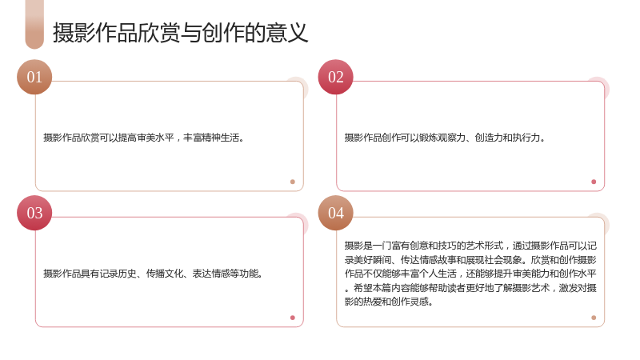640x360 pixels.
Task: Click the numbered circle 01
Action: (34, 77)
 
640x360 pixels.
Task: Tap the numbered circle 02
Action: (335, 77)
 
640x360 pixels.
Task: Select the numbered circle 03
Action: (34, 213)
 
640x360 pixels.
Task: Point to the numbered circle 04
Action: (335, 213)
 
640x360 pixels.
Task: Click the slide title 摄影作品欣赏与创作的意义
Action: (180, 33)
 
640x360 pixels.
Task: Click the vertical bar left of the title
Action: (34, 25)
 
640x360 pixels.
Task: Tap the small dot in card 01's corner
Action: (293, 182)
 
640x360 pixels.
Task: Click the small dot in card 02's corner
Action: (594, 182)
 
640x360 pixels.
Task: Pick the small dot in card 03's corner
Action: (293, 318)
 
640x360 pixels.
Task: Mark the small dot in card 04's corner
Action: (594, 318)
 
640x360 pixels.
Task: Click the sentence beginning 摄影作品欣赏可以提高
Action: (144, 138)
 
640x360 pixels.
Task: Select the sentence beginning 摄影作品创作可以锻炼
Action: (445, 138)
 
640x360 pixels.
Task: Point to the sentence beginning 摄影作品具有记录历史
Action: (153, 274)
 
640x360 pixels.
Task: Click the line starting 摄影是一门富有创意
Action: (470, 246)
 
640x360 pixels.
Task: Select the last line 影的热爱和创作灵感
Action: (389, 302)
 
